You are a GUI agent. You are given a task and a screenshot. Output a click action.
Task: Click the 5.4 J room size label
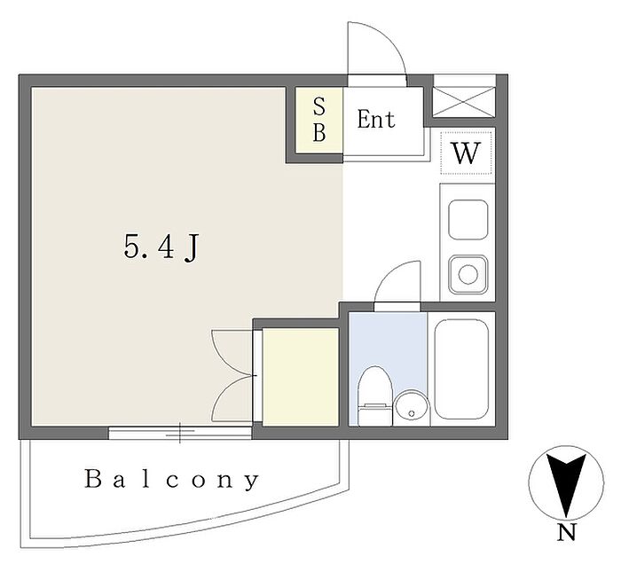pyautogui.click(x=161, y=247)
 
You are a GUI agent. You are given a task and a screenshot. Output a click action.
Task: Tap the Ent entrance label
pyautogui.click(x=376, y=119)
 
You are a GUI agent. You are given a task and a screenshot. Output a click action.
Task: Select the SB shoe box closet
pyautogui.click(x=319, y=121)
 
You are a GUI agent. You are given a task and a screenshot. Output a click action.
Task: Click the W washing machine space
pyautogui.click(x=466, y=153)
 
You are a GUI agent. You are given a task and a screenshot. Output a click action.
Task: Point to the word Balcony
pyautogui.click(x=172, y=480)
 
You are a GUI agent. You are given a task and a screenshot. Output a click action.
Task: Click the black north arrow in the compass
pyautogui.click(x=566, y=483)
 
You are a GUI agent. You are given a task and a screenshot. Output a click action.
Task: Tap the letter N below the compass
pyautogui.click(x=566, y=532)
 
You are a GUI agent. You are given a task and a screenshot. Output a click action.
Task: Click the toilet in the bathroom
pyautogui.click(x=374, y=396)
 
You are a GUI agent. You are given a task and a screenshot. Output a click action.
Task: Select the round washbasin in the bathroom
pyautogui.click(x=412, y=408)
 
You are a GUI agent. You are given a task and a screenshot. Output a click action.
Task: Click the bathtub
pyautogui.click(x=461, y=369)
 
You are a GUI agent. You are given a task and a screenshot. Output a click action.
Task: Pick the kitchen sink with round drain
pyautogui.click(x=468, y=274)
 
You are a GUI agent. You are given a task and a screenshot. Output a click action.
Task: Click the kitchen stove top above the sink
pyautogui.click(x=468, y=220)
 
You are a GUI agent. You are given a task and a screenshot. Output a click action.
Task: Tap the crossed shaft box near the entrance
pyautogui.click(x=463, y=102)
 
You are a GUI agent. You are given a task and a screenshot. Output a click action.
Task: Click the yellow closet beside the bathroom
pyautogui.click(x=300, y=377)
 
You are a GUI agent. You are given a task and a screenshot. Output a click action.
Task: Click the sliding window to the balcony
pyautogui.click(x=180, y=432)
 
